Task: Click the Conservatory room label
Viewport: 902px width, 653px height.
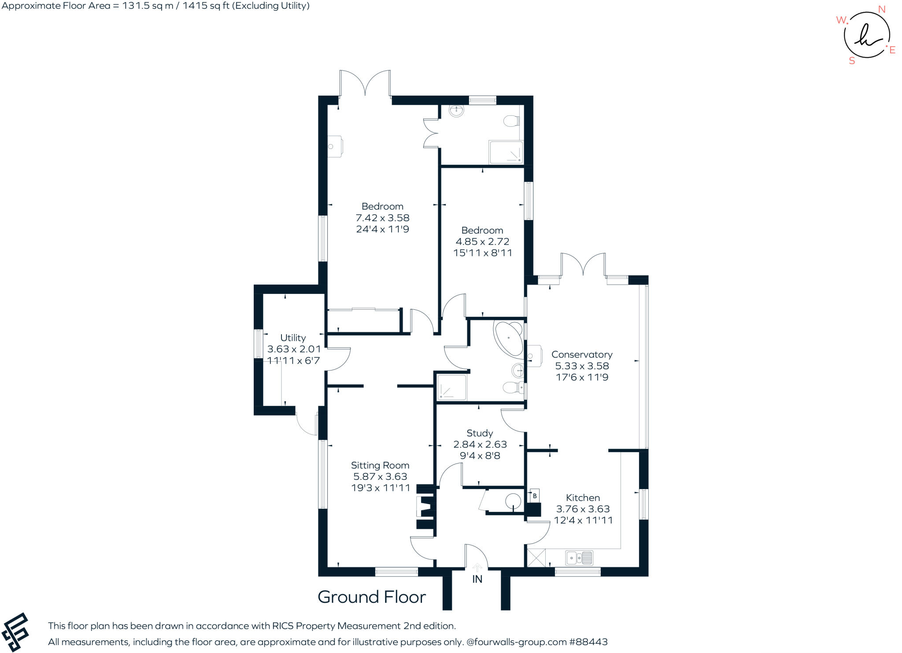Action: pyautogui.click(x=582, y=354)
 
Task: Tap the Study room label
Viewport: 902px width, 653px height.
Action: pyautogui.click(x=480, y=433)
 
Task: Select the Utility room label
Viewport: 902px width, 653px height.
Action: pyautogui.click(x=293, y=338)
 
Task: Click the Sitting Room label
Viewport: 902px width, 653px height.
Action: pyautogui.click(x=380, y=465)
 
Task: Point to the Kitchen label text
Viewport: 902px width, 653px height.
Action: pyautogui.click(x=583, y=497)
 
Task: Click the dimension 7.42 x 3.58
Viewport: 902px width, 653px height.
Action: pyautogui.click(x=382, y=218)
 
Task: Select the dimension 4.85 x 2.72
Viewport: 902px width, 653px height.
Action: pyautogui.click(x=482, y=241)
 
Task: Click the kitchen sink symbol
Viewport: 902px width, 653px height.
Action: pyautogui.click(x=580, y=558)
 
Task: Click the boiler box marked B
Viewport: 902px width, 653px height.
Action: pyautogui.click(x=534, y=496)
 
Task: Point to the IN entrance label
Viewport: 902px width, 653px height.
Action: pyautogui.click(x=477, y=579)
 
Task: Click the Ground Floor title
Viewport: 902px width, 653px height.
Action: pyautogui.click(x=372, y=597)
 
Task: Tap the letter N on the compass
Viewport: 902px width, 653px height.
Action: pyautogui.click(x=881, y=9)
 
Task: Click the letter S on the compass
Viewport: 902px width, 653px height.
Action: pyautogui.click(x=852, y=61)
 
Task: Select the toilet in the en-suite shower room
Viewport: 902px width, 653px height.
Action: pyautogui.click(x=511, y=120)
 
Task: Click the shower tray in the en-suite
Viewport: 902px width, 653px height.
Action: pyautogui.click(x=506, y=152)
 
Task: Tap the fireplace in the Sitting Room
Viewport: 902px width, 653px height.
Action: pyautogui.click(x=426, y=507)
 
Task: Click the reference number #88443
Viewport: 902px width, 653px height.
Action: pyautogui.click(x=588, y=642)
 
